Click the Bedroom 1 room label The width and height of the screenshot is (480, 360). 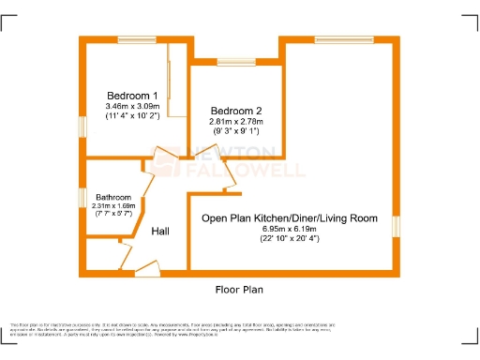pyautogui.click(x=131, y=95)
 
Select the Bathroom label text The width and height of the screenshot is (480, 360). pyautogui.click(x=113, y=197)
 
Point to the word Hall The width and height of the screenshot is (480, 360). pyautogui.click(x=160, y=230)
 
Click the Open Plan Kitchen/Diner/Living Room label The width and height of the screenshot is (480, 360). pyautogui.click(x=291, y=217)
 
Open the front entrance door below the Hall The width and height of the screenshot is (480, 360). pyautogui.click(x=147, y=273)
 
